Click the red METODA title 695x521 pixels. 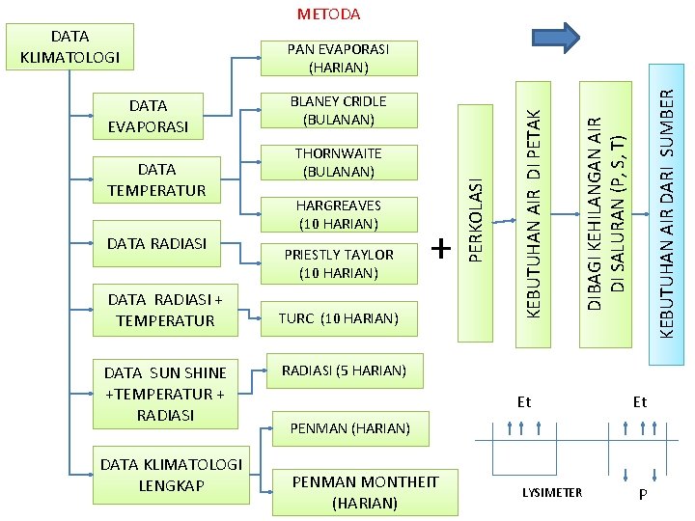coord(328,14)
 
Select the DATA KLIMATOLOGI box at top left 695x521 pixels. coord(69,47)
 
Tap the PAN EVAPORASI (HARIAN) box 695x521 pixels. coord(338,58)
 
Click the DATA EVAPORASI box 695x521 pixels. coord(147,116)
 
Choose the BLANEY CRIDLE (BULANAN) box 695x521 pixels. coord(338,111)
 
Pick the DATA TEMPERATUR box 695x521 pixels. coord(157,179)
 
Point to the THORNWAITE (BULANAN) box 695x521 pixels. coord(338,163)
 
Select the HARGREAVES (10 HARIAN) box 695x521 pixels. coord(338,215)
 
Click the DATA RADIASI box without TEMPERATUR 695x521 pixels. coord(157,244)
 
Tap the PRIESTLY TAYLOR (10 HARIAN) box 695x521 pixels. coord(338,263)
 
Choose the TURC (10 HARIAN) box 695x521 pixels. coord(338,317)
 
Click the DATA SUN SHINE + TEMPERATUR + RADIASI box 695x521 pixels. coord(164,394)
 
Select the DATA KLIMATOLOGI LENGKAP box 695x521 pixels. coord(171,475)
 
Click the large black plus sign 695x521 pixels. coord(441,249)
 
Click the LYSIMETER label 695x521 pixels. coord(552,493)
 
